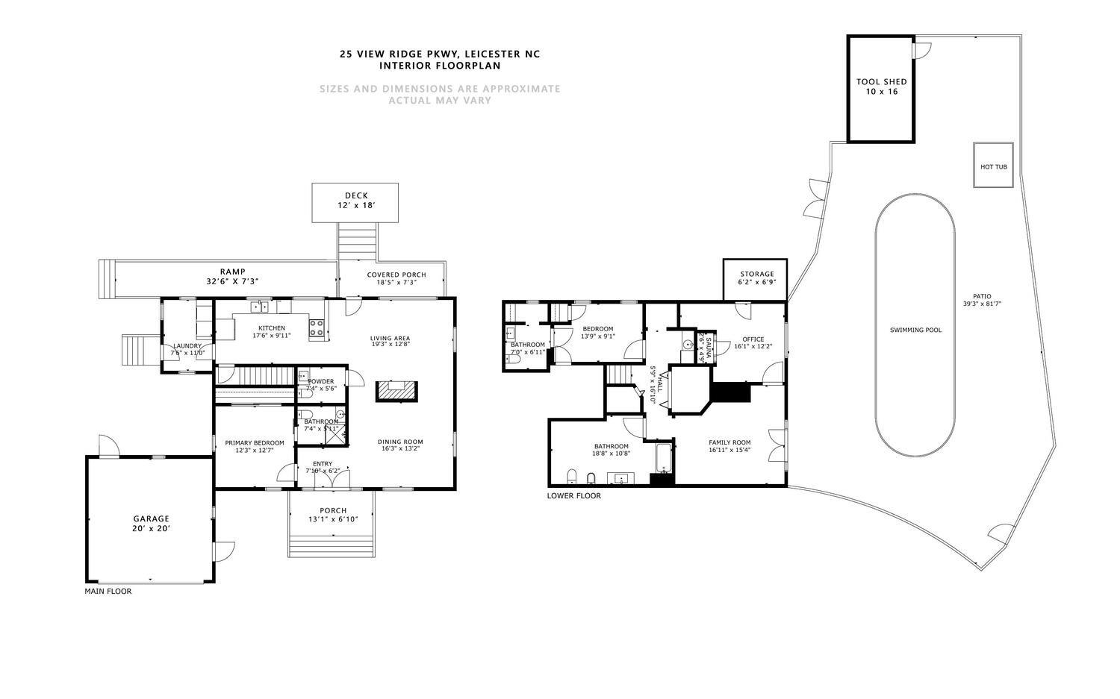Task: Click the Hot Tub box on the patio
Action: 993,166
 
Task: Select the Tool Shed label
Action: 881,87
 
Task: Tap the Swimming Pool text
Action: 915,330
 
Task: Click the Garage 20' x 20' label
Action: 152,523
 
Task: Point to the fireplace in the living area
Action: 396,390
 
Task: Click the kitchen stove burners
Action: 317,327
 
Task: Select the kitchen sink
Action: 259,306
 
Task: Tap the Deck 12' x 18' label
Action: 355,200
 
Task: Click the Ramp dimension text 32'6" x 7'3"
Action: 232,282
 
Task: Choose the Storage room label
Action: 756,278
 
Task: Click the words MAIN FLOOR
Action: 108,592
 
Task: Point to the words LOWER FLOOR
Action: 573,496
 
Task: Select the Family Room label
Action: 729,446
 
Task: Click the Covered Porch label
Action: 396,278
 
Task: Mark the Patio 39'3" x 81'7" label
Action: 992,300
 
